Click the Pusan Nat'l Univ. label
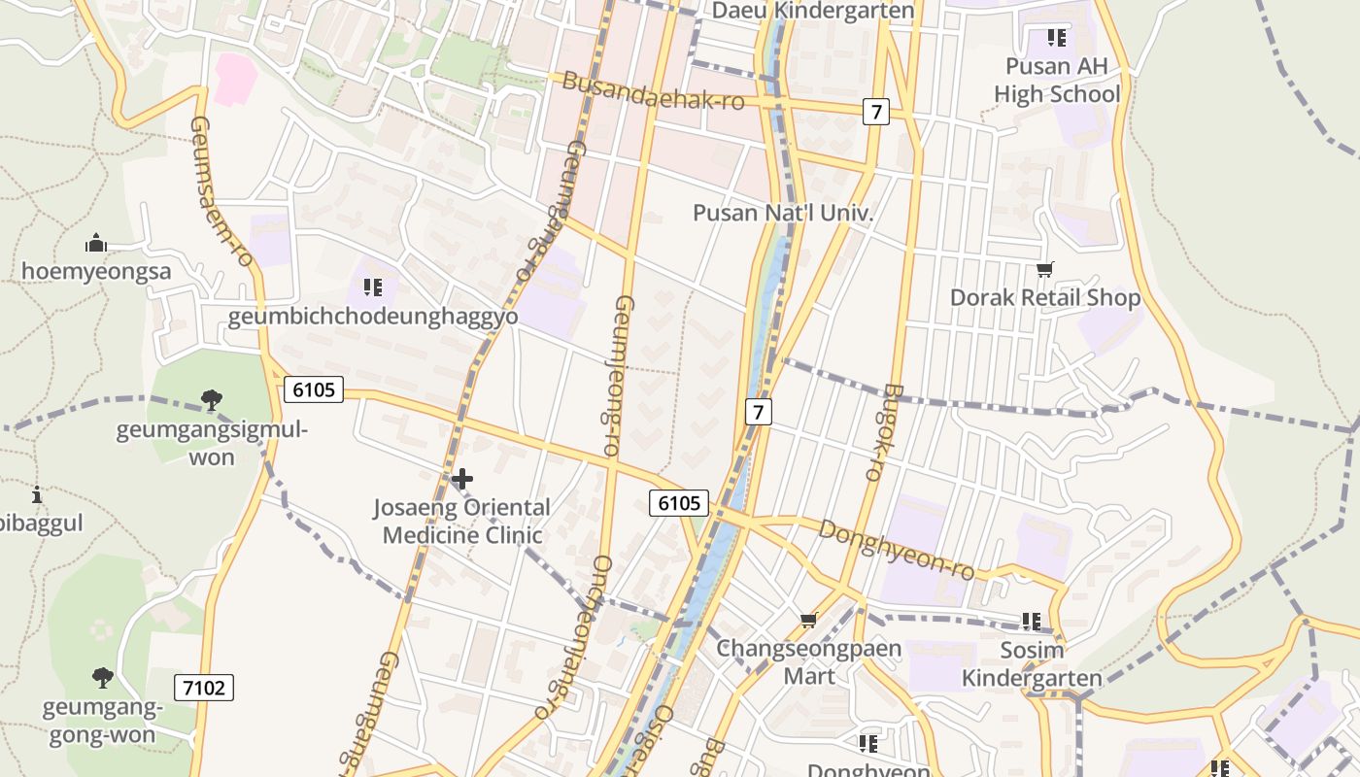tap(783, 213)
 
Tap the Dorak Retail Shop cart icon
tap(1045, 269)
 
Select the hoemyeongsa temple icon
tap(96, 243)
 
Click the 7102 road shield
tap(204, 688)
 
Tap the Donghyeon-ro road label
tap(896, 550)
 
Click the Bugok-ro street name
tap(881, 432)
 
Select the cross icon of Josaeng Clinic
tap(462, 479)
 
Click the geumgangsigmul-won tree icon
tap(211, 399)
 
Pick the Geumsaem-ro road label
tap(221, 192)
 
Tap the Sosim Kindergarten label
tap(1032, 663)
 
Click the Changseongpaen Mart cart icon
tap(808, 620)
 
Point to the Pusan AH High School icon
tap(1057, 39)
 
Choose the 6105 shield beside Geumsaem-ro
tap(313, 390)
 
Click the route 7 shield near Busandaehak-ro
tap(875, 112)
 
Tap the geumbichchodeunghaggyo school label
tap(372, 318)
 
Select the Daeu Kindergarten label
tap(813, 11)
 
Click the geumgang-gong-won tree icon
tap(102, 677)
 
